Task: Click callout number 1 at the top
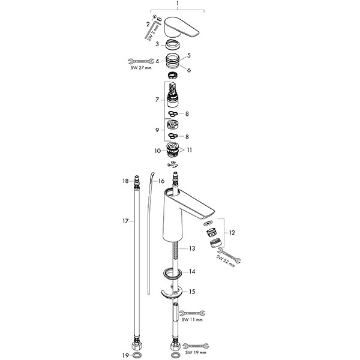[178, 4]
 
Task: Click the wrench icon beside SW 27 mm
[139, 61]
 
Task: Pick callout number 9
[157, 129]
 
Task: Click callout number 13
[192, 248]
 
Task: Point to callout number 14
[192, 272]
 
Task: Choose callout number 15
[192, 292]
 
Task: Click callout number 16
[161, 180]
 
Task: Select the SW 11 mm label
[191, 321]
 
